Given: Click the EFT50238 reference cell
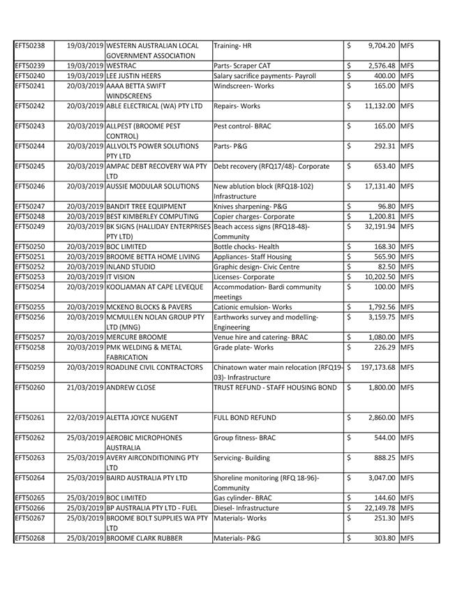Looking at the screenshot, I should pos(30,45).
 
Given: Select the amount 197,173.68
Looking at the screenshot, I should pos(376,366).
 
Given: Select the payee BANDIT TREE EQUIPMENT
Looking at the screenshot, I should pos(147,207).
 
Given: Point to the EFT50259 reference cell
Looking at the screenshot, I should pos(30,366).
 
